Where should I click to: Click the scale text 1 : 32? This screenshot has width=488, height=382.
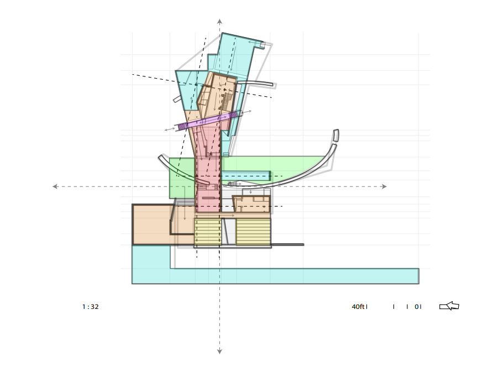tap(91, 307)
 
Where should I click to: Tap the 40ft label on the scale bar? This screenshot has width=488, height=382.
tap(358, 307)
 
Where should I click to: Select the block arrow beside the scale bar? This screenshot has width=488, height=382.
tap(449, 306)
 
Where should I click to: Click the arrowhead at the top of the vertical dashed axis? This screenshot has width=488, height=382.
tap(219, 22)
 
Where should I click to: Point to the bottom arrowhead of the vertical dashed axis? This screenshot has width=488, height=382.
tap(219, 352)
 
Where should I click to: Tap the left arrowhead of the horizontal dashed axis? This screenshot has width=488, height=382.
tap(55, 187)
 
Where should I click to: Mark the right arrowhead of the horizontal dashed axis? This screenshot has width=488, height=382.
tap(384, 187)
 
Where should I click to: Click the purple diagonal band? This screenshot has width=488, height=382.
tap(208, 120)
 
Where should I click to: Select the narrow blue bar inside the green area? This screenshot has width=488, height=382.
tap(245, 176)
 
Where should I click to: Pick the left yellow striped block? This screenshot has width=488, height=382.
tap(208, 232)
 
